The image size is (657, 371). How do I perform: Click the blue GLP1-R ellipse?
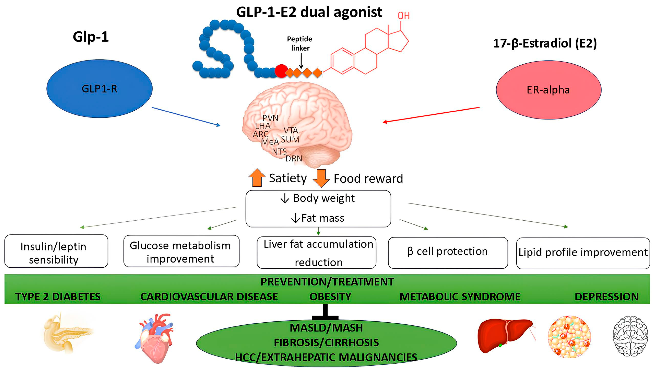(100, 89)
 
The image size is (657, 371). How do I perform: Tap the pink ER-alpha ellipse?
(548, 90)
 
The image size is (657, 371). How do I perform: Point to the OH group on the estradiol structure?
(404, 16)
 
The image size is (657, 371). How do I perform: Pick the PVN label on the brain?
(270, 118)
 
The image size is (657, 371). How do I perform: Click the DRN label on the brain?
(293, 159)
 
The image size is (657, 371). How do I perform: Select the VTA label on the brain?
(291, 130)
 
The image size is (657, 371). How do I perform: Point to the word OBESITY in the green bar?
(330, 297)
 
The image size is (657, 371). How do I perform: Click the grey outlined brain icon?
(630, 336)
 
